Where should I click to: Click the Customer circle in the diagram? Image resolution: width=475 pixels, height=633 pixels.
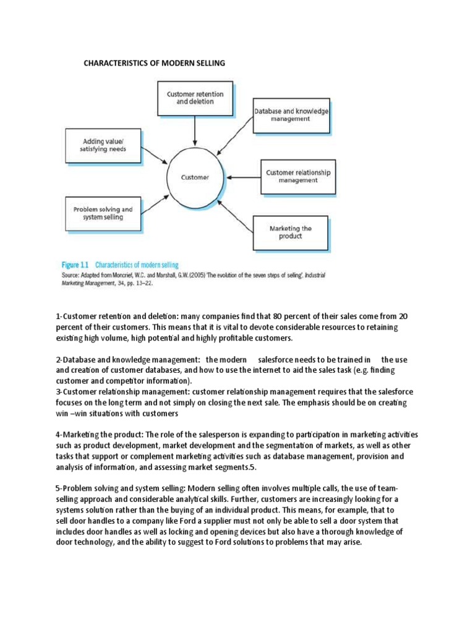coord(195,177)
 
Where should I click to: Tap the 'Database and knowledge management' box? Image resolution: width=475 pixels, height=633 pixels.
coord(291,115)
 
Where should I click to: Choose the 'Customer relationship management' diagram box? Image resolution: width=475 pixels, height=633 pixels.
coord(297,176)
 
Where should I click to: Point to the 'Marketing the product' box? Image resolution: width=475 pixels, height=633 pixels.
coord(290,232)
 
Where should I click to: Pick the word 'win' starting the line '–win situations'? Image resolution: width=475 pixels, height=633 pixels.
coord(64,414)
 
